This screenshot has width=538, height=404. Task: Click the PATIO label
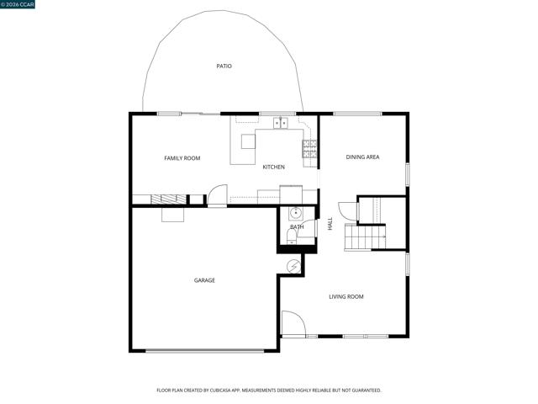[224, 66]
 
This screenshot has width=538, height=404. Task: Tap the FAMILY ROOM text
[182, 158]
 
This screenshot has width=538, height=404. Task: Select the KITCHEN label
[273, 167]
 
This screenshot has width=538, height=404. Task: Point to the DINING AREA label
[363, 157]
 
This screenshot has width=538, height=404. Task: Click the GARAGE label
[204, 280]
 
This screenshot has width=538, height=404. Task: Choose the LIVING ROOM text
[345, 296]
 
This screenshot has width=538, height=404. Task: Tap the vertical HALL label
[330, 224]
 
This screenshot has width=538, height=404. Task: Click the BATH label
[297, 227]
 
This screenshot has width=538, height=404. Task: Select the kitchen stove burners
[310, 149]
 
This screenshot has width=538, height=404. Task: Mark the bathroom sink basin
[295, 212]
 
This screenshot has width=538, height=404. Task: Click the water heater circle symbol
[293, 266]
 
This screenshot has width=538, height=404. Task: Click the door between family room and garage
[217, 196]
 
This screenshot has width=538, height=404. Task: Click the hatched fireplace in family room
[169, 199]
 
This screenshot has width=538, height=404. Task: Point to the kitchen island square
[248, 141]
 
